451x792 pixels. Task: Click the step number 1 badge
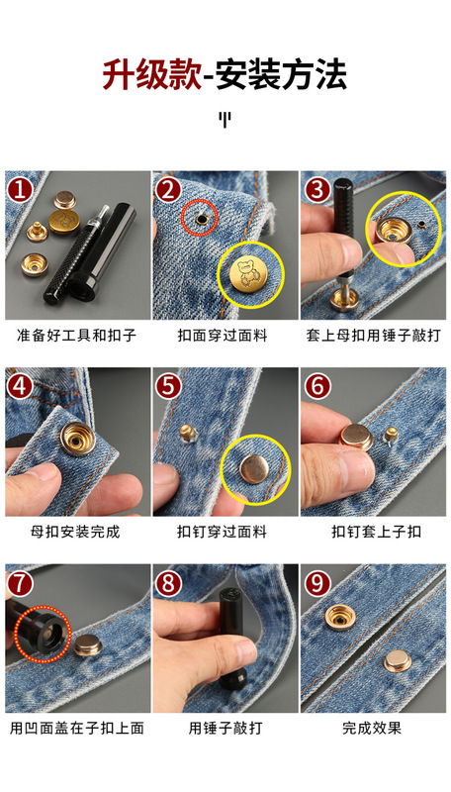point(20,189)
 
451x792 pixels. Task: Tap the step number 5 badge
point(168,386)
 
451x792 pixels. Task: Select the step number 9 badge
point(317,583)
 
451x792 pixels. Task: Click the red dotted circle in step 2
point(200,218)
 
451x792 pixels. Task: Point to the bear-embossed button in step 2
point(247,275)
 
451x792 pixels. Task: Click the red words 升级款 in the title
point(152,75)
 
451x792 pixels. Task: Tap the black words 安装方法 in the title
point(282,75)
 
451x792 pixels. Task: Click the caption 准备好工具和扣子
point(77,335)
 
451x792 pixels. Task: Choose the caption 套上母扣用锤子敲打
point(373,335)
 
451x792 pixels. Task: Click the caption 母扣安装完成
point(75,532)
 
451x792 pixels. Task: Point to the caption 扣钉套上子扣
point(376,532)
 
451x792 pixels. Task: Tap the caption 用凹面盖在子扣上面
point(77,728)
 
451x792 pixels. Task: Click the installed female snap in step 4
point(78,439)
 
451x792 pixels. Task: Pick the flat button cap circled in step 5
point(254,468)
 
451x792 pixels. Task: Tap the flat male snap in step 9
point(398,660)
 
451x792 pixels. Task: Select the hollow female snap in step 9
point(340,616)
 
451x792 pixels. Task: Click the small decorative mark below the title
point(225,120)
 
